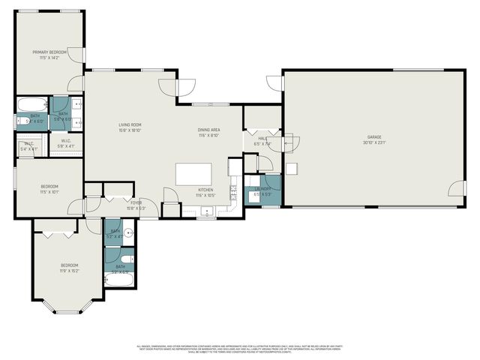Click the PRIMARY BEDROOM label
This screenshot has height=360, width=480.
pos(49,52)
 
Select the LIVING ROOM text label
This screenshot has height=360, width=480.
pos(130,124)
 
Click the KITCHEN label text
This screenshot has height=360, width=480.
pos(206,190)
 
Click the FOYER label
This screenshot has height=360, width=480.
pos(136,202)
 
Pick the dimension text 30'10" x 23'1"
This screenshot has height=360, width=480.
pos(374,142)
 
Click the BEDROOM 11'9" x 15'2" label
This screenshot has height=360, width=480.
pos(70,265)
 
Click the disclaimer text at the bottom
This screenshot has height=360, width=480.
pos(240,348)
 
